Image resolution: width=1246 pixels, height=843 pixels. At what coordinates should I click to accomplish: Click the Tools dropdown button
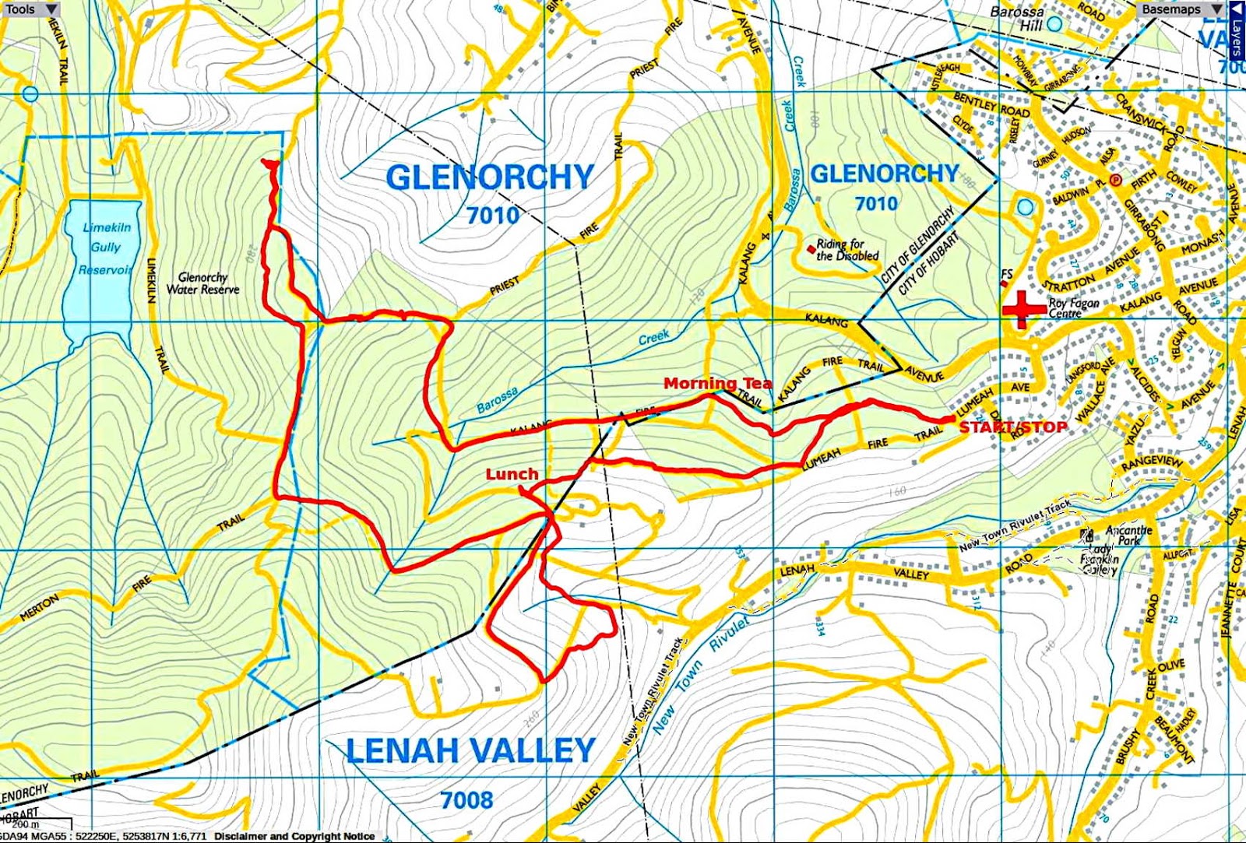click(30, 9)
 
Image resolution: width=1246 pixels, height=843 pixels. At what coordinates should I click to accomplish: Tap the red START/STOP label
click(1012, 427)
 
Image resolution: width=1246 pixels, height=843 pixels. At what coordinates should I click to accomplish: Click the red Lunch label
click(512, 474)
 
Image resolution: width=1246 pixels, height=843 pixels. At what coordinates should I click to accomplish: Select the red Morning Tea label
click(717, 383)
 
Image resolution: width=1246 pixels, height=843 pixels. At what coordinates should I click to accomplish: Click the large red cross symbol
click(1024, 309)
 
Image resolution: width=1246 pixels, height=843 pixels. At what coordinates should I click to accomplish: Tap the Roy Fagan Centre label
click(1074, 308)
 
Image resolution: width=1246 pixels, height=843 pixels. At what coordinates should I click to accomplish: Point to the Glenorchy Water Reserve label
click(202, 283)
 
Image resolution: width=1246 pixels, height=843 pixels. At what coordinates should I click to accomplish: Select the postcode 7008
click(466, 800)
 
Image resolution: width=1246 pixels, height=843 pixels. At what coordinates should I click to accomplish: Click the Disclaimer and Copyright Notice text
click(294, 836)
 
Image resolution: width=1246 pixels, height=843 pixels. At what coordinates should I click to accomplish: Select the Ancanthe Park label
click(1128, 536)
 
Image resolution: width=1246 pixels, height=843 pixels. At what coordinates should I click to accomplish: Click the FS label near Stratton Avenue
click(1007, 275)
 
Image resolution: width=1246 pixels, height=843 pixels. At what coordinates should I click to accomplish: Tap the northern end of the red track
click(271, 163)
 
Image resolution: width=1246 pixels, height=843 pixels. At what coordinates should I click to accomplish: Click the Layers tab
click(1237, 30)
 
